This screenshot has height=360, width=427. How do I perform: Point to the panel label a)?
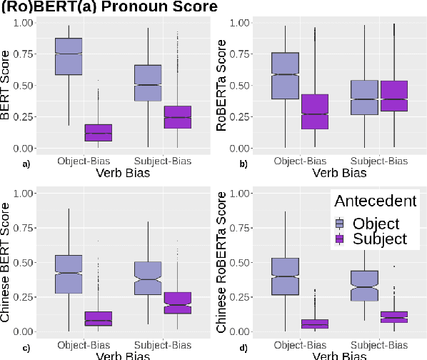coord(6,164)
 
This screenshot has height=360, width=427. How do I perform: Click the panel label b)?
coord(223,164)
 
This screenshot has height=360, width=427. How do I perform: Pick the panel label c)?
coord(6,348)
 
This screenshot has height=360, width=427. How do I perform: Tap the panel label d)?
coord(223,348)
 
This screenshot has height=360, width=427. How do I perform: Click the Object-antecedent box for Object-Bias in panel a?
coord(79,56)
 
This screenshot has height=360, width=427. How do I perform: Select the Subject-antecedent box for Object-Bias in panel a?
coord(98,133)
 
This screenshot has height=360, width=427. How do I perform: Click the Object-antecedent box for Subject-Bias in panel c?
coord(149,278)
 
